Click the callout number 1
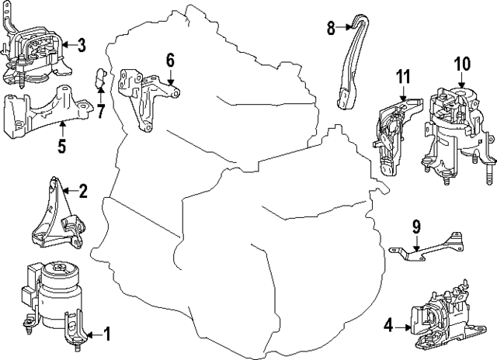(107, 334)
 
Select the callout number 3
(81, 45)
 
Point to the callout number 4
(387, 326)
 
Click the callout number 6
(170, 60)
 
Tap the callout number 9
(415, 227)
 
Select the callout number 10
(462, 62)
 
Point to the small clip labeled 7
(99, 78)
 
